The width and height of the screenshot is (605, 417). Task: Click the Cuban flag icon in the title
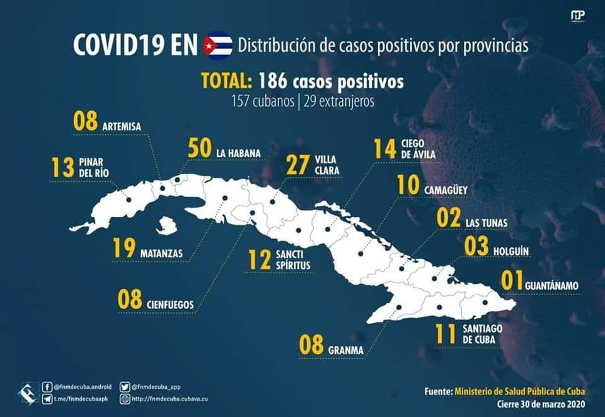[218, 45]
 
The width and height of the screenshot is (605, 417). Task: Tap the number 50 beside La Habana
[200, 148]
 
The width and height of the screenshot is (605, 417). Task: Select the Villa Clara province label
[327, 165]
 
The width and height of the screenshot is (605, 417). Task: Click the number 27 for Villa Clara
[298, 165]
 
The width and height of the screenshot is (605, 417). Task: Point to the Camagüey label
[446, 191]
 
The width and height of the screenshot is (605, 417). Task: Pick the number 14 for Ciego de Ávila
[384, 149]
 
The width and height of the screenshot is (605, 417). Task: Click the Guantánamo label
[552, 286]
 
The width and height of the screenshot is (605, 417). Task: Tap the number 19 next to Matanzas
[124, 248]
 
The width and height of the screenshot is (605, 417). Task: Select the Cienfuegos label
[170, 305]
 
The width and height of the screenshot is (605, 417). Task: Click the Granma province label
[346, 350]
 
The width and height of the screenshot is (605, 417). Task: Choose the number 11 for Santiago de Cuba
[446, 334]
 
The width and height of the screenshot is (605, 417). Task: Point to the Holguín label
[511, 252]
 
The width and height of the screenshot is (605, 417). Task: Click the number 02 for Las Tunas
[448, 218]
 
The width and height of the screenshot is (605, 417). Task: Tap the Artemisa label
[122, 127]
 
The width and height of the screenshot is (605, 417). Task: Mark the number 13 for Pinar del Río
[63, 168]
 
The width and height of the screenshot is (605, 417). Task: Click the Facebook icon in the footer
[47, 387]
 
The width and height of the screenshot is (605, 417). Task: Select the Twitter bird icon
[125, 387]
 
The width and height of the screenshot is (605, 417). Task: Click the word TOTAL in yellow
[227, 81]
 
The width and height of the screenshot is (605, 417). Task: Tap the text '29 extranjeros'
[339, 102]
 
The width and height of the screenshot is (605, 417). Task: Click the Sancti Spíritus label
[293, 260]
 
